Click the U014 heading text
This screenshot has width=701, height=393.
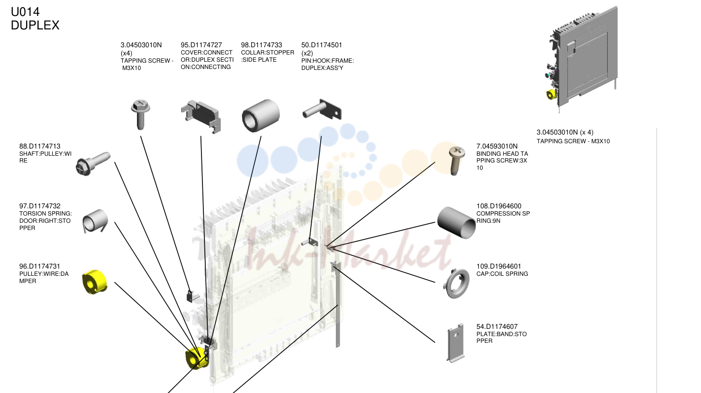pyautogui.click(x=25, y=12)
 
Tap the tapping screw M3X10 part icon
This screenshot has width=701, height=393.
pyautogui.click(x=141, y=114)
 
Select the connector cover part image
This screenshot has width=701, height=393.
pyautogui.click(x=201, y=117)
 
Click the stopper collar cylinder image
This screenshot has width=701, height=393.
pyautogui.click(x=261, y=116)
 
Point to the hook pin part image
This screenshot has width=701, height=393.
pyautogui.click(x=322, y=109)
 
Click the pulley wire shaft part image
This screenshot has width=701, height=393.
pyautogui.click(x=93, y=163)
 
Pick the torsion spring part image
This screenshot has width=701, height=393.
pyautogui.click(x=95, y=220)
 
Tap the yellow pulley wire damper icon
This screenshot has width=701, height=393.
pyautogui.click(x=95, y=282)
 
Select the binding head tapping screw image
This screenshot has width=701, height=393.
pyautogui.click(x=456, y=161)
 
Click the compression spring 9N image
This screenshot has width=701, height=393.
pyautogui.click(x=456, y=223)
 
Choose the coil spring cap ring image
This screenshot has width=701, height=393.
pyautogui.click(x=456, y=284)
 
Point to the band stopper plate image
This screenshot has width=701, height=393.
pyautogui.click(x=456, y=343)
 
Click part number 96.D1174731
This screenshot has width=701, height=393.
pyautogui.click(x=40, y=266)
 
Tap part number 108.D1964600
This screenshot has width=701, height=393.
pyautogui.click(x=499, y=206)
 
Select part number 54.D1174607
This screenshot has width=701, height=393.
pyautogui.click(x=497, y=326)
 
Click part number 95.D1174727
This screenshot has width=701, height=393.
pyautogui.click(x=201, y=45)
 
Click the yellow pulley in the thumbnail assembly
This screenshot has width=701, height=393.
pyautogui.click(x=551, y=95)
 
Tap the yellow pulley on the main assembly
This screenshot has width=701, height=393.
pyautogui.click(x=197, y=358)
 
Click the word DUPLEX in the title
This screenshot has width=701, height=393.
pyautogui.click(x=35, y=25)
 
